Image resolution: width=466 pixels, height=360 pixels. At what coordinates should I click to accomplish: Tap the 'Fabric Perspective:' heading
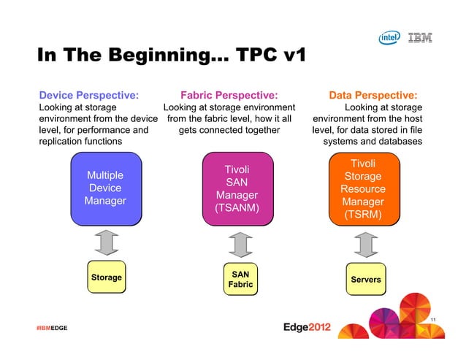click(229, 94)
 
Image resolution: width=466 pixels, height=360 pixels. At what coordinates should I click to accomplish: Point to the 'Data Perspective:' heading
click(373, 94)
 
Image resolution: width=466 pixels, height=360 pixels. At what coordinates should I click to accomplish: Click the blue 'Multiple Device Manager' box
click(105, 188)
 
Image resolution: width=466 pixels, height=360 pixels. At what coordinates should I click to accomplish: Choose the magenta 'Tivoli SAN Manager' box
click(237, 189)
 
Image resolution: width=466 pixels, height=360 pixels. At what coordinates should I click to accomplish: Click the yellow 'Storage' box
click(106, 277)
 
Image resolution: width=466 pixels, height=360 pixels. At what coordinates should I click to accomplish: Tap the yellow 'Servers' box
click(365, 280)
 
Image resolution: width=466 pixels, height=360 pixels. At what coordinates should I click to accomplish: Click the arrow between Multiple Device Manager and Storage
click(107, 241)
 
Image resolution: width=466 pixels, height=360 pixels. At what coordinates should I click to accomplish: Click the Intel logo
click(388, 38)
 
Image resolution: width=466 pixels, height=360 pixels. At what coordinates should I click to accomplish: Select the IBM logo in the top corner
click(419, 38)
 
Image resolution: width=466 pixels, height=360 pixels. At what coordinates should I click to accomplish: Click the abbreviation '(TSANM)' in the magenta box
click(237, 208)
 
